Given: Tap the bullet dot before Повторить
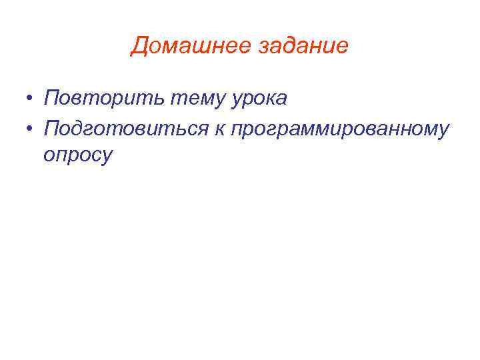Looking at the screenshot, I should [x=31, y=99].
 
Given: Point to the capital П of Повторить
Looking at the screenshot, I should [x=51, y=99].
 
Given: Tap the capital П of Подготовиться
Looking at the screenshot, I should [x=51, y=127].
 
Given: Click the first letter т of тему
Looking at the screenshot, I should [x=175, y=99].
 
